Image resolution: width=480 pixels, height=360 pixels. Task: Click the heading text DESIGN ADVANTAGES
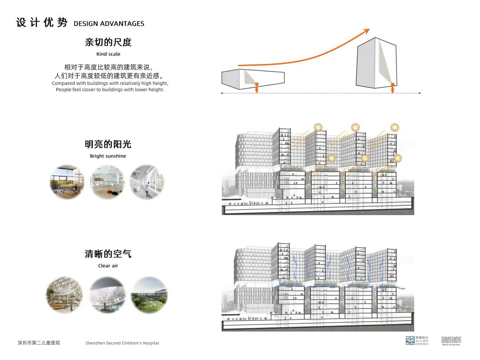coord(109,24)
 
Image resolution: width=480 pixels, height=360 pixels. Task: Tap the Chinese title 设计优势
coord(42,23)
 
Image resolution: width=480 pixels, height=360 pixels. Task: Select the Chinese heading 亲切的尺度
coord(108,43)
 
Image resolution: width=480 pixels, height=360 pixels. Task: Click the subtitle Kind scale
coord(108,54)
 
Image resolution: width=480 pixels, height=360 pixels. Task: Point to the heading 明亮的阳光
coord(108,144)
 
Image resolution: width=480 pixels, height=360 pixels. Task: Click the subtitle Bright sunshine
coord(108,156)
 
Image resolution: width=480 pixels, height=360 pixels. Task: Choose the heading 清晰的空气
coord(108,254)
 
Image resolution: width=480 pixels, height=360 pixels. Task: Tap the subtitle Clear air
coord(108,266)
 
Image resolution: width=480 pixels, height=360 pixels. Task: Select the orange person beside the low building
coord(257,88)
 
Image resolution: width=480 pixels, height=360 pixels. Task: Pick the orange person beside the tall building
coord(392,88)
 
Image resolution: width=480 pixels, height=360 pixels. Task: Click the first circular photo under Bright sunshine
coord(67,182)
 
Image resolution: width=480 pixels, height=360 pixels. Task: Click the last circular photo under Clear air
coord(149,295)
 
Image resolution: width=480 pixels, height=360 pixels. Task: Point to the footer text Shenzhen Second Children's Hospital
coord(122,343)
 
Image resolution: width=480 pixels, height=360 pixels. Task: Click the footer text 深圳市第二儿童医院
coord(39,343)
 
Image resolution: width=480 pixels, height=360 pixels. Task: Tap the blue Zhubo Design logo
coord(410,341)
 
